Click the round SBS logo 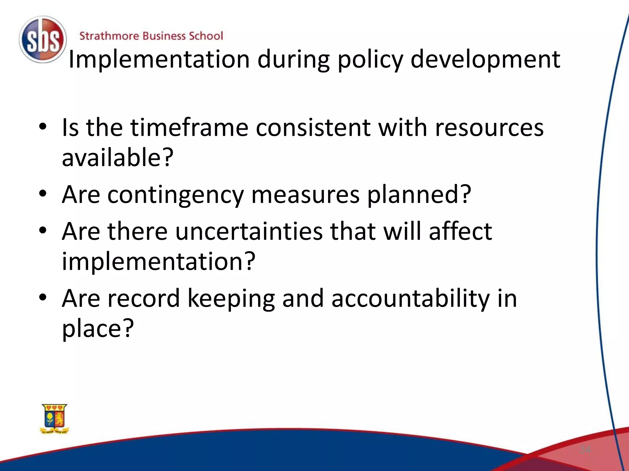click(43, 40)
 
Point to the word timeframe click(189, 128)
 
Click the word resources click(489, 128)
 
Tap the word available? click(118, 157)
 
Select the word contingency click(175, 195)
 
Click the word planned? click(419, 195)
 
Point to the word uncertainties click(249, 231)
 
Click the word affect click(460, 231)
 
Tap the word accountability click(411, 298)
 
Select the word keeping click(231, 299)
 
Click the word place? click(98, 328)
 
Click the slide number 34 click(585, 450)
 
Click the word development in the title click(485, 60)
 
